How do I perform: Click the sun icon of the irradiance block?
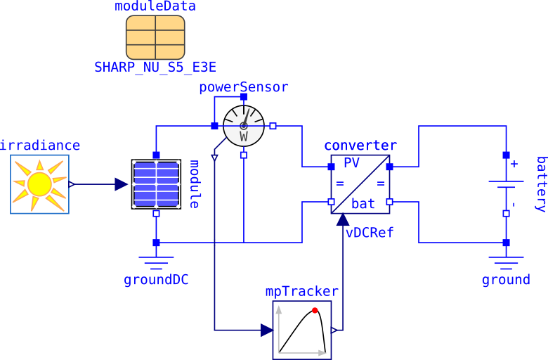pos(39,184)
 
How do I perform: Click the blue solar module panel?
pos(156,184)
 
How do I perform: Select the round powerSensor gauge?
pos(243,126)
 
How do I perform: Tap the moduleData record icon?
pos(155,37)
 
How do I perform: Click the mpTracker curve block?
pos(302,330)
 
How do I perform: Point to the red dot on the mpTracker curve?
pos(315,310)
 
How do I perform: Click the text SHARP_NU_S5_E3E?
pos(155,67)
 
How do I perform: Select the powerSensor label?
pos(243,87)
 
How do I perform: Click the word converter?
pos(360,146)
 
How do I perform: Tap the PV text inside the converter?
pos(351,163)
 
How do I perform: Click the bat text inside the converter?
pos(363,204)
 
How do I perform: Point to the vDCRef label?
pos(370,233)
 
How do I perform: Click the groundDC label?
pos(156,280)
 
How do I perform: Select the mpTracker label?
pos(301,291)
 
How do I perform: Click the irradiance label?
pos(40,146)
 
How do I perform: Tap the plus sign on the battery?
pos(514,164)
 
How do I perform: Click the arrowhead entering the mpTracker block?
pos(267,330)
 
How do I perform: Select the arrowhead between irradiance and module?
pos(122,184)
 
